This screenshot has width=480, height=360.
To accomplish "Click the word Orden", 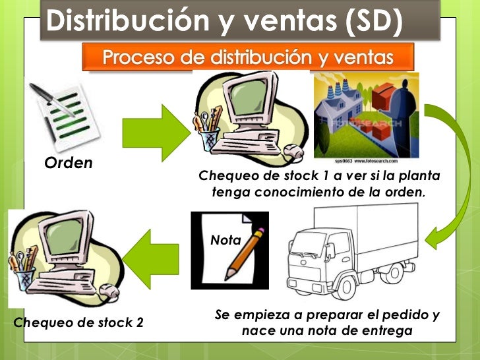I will pyautogui.click(x=68, y=163).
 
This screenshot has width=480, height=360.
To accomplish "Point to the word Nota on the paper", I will pyautogui.click(x=225, y=241).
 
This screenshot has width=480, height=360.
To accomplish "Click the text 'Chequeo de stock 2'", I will pyautogui.click(x=78, y=322).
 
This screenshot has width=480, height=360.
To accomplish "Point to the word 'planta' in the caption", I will pyautogui.click(x=419, y=177).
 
